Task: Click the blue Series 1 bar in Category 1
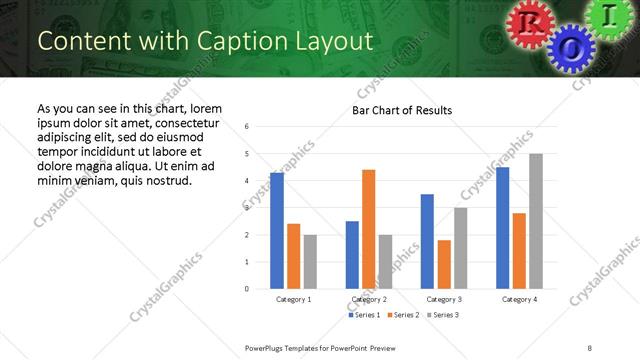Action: tap(277, 231)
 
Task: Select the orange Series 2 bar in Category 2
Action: tap(369, 229)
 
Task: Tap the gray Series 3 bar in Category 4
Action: tap(536, 221)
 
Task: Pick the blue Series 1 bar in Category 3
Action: tap(427, 241)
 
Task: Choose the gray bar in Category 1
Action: tap(310, 261)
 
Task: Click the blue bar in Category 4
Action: tap(502, 228)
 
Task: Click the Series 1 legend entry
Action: tap(364, 315)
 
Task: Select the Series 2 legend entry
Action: tap(402, 315)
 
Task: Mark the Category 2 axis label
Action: tap(369, 300)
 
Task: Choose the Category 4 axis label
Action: tap(519, 300)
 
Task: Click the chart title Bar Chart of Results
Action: tap(402, 110)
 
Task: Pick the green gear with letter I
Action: tap(610, 16)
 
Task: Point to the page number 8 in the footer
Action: tap(590, 347)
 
